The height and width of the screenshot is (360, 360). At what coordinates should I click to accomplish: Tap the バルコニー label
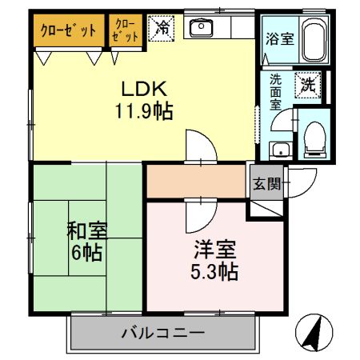pos(163,332)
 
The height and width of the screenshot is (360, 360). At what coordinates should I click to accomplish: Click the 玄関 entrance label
pos(267,183)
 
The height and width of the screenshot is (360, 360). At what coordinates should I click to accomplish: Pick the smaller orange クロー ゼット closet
pos(126,30)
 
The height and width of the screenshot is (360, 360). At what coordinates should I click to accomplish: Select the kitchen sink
pos(198,29)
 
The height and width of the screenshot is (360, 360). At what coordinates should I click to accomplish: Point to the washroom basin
pos(280,150)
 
